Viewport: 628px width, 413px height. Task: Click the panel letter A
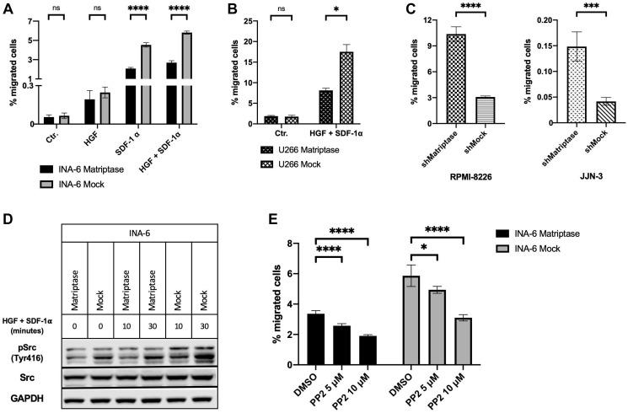click(8, 9)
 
